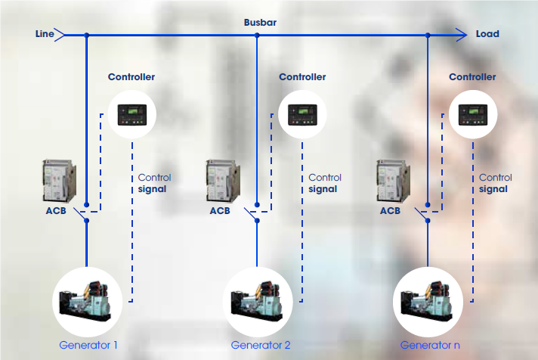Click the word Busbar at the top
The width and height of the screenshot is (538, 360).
pos(260,23)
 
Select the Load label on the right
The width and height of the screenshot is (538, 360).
pos(487,34)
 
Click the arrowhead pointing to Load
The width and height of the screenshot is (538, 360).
pos(462,34)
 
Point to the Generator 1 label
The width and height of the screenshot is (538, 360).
pos(88,346)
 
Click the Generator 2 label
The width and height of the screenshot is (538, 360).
pos(261,346)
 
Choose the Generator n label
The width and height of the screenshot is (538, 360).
pos(430,346)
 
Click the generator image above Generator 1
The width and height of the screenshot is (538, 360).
pos(88,300)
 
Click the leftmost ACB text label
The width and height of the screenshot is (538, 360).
pos(56,211)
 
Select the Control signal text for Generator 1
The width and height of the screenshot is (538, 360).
pos(154,183)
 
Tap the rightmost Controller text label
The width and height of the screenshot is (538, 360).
pos(472,77)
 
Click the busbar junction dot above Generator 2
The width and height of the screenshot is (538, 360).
pos(257,35)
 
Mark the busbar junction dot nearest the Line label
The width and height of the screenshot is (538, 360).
pos(87,35)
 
